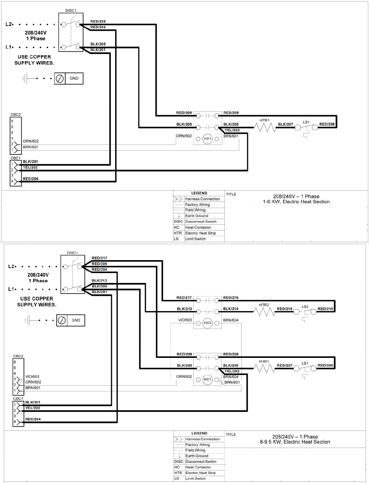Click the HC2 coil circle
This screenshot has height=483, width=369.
[x=207, y=323]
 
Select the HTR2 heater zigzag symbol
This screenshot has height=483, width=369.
[x=264, y=312]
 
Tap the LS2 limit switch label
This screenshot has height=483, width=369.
[x=305, y=307]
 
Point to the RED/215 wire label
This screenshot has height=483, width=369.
[x=285, y=309]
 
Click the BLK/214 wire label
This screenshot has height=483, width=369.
[x=231, y=309]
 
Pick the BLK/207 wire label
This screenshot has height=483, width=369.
[x=285, y=124]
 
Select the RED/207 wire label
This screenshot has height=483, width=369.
[x=285, y=365]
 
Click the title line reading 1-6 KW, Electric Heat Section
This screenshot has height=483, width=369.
[x=296, y=202]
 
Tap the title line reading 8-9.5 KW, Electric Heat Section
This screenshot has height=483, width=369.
[x=295, y=442]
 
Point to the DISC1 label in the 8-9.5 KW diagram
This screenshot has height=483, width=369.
[x=72, y=253]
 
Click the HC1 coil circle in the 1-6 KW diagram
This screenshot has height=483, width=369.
[x=207, y=139]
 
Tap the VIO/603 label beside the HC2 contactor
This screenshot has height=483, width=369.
[x=185, y=320]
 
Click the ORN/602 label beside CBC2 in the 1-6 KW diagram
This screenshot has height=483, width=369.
[x=31, y=141]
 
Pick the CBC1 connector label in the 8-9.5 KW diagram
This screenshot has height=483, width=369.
[x=18, y=399]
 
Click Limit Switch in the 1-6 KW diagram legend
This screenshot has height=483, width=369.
[x=195, y=239]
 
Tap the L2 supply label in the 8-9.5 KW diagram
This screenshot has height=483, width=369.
[x=11, y=266]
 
